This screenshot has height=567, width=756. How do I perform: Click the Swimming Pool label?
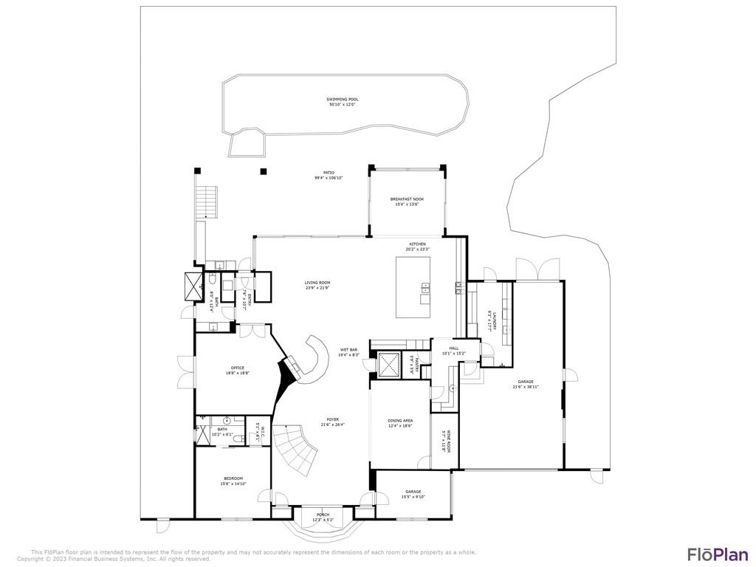point(342,102)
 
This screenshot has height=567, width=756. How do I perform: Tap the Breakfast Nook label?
point(407,202)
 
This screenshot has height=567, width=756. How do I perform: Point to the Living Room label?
point(317,284)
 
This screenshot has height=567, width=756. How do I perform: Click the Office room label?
point(238,370)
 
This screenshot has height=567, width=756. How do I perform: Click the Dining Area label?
point(400,424)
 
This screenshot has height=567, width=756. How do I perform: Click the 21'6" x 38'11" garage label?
point(526,384)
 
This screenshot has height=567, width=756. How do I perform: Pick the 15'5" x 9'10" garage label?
point(413,494)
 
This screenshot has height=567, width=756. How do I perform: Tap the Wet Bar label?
point(349,352)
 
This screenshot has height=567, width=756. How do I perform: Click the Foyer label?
point(333,422)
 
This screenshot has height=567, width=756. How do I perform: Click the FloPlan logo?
point(718,554)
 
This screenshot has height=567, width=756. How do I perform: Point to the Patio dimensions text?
point(329,178)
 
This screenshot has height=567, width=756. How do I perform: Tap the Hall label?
point(454,351)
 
